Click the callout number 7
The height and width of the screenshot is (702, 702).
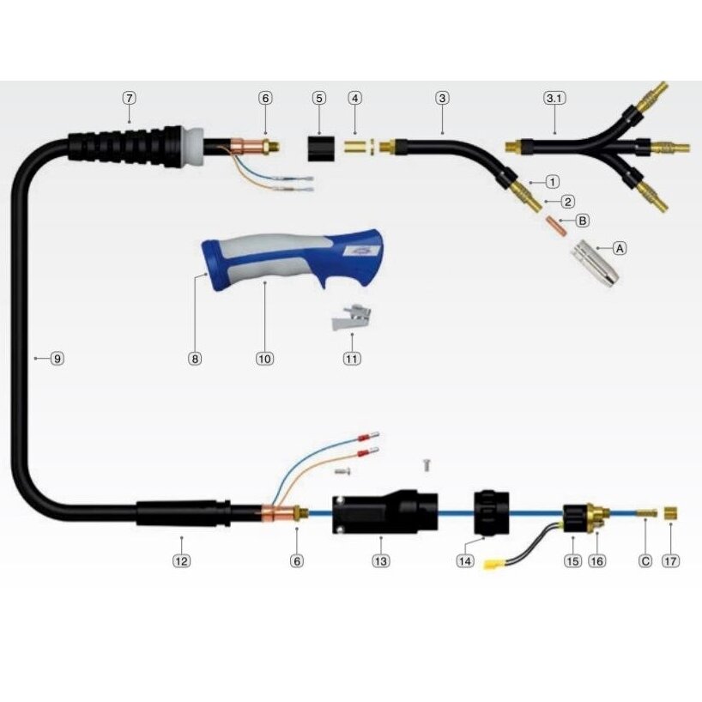tap(130, 98)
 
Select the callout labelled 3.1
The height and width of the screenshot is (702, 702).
tap(554, 98)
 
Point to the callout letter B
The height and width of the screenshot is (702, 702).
tap(583, 221)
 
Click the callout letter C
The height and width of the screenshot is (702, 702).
tap(645, 561)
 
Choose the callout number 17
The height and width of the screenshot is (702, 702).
tap(670, 561)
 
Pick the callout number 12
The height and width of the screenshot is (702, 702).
tap(181, 561)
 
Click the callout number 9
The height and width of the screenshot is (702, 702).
tap(57, 358)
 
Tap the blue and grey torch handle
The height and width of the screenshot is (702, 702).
tap(292, 260)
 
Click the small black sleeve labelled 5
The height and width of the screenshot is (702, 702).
tap(321, 148)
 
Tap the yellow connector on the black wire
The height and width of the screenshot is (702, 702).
tap(492, 565)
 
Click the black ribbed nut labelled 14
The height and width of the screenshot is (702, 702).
tap(491, 513)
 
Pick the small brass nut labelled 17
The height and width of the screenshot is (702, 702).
tap(670, 513)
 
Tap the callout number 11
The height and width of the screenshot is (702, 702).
tap(352, 358)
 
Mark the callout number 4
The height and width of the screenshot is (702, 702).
tap(355, 98)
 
